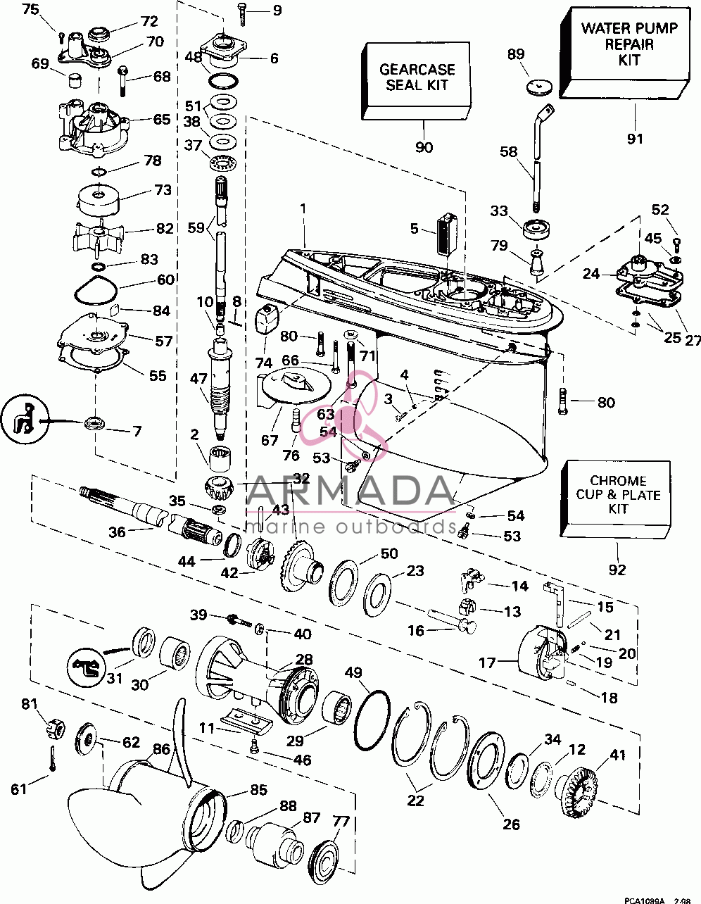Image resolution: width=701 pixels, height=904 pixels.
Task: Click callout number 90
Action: click(x=424, y=147)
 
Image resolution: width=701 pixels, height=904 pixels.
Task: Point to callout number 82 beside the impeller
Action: click(x=165, y=228)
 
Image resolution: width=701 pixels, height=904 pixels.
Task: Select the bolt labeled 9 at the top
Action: click(x=242, y=15)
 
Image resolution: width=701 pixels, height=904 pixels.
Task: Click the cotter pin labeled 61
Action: click(x=52, y=758)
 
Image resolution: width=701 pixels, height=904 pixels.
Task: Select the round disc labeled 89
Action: click(x=539, y=88)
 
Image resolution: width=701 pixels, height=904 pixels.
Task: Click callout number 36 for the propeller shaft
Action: click(x=117, y=532)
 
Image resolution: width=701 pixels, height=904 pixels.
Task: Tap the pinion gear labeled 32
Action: click(x=220, y=489)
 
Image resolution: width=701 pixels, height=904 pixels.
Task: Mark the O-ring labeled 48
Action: click(x=223, y=82)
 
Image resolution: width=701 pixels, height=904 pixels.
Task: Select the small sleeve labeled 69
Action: click(x=75, y=80)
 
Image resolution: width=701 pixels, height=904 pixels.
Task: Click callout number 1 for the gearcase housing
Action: click(x=303, y=208)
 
